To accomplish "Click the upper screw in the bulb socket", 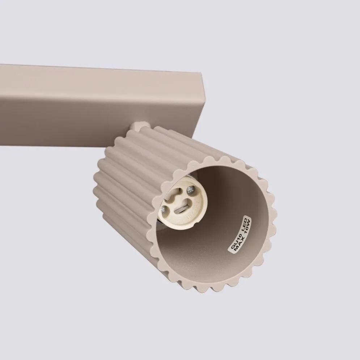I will pos(190,189).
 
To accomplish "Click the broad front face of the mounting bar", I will pos(90,105).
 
